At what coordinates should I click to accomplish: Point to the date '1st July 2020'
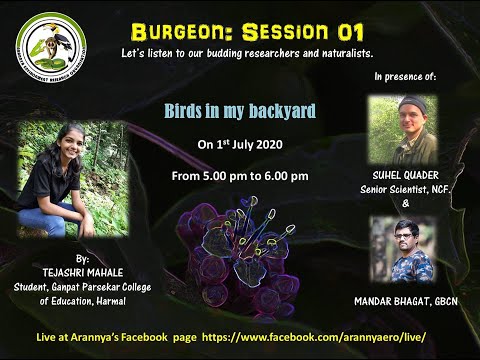point(241,144)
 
